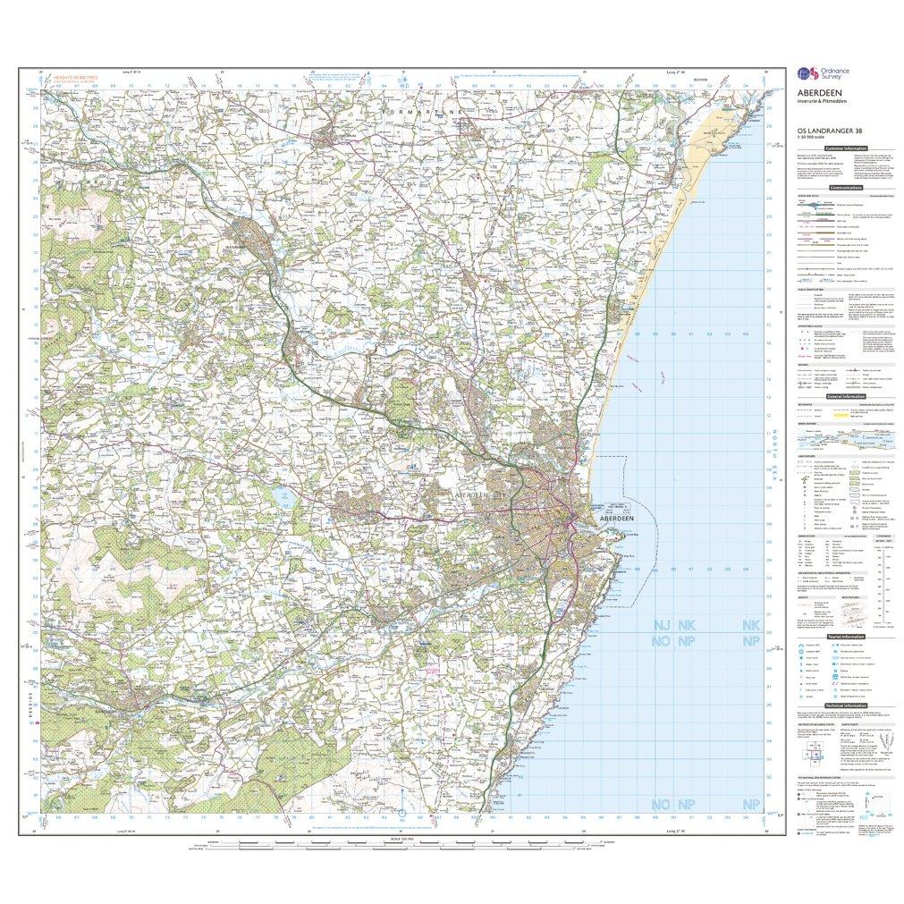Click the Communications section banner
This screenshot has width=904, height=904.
click(x=845, y=189)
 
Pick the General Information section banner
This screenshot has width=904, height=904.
click(x=845, y=396)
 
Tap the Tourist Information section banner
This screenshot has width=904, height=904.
click(x=845, y=636)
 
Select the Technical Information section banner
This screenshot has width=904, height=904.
click(x=845, y=705)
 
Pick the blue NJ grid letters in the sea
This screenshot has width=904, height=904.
click(x=663, y=625)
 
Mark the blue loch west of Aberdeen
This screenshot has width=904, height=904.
click(x=285, y=501)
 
